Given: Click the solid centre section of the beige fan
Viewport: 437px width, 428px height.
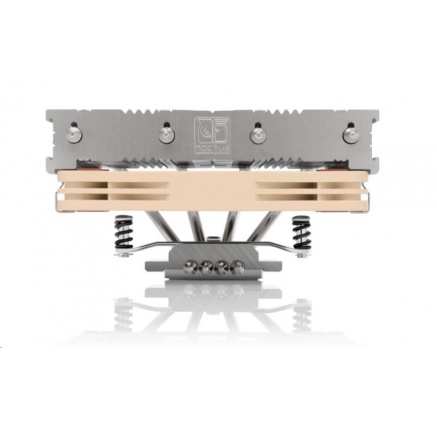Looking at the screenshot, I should pos(218,191).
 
